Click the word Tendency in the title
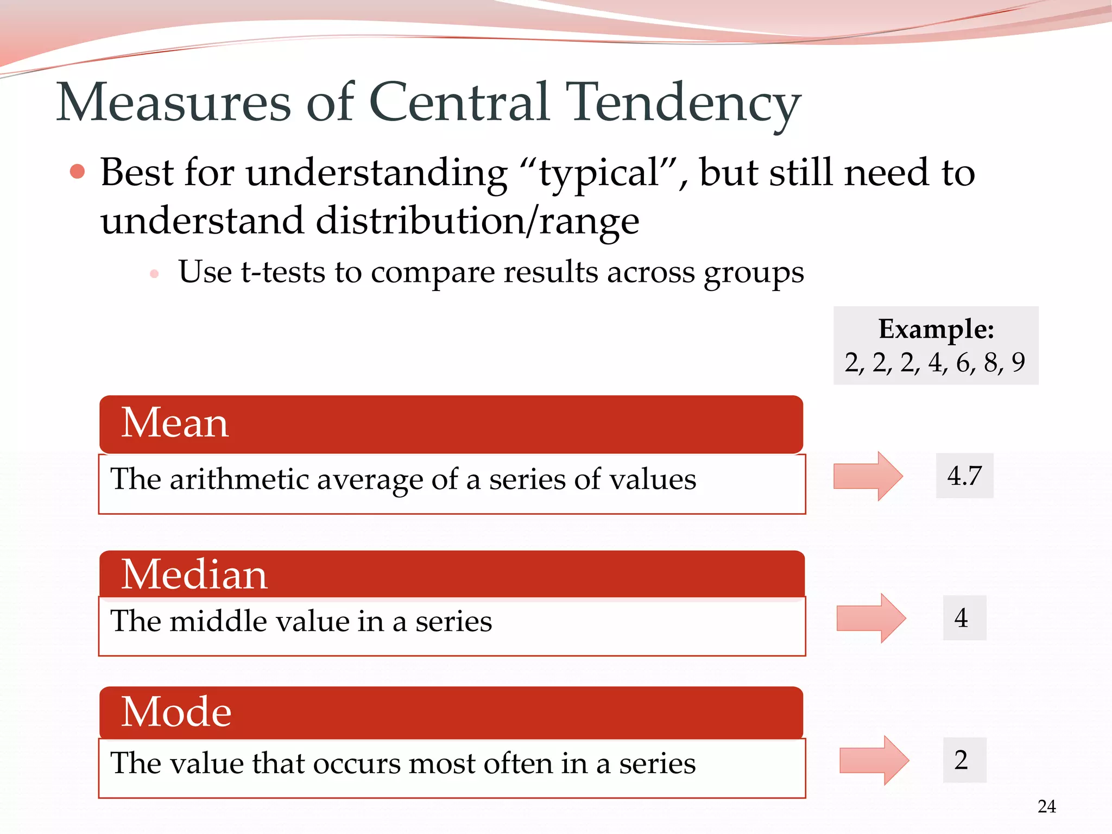click(683, 103)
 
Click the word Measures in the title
click(174, 103)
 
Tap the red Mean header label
click(175, 423)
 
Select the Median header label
click(194, 574)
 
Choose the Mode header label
click(176, 712)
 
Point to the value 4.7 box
click(964, 476)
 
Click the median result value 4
click(961, 618)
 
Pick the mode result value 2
click(961, 760)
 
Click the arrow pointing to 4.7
click(868, 476)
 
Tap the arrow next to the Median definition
click(871, 618)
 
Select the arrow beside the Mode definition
click(874, 760)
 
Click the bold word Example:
click(936, 329)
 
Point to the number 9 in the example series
click(1018, 362)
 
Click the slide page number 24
click(1046, 806)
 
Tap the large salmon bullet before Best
click(78, 172)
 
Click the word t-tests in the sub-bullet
click(282, 272)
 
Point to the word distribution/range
click(477, 222)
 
